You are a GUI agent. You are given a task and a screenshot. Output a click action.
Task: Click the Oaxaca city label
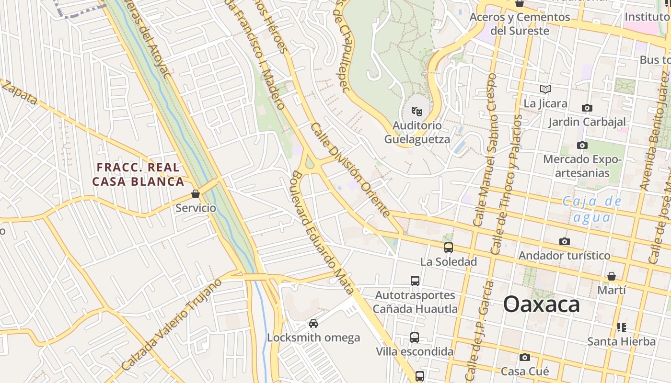541,304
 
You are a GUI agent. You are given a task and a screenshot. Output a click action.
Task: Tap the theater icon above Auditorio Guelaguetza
417,112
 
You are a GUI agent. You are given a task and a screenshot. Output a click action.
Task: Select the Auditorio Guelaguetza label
417,132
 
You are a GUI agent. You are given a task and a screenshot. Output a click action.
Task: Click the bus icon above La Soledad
449,248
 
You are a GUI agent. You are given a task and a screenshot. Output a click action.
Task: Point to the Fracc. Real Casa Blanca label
138,174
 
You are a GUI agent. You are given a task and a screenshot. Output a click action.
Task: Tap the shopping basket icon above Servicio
195,194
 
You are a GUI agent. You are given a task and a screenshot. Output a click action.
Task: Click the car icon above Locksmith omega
313,324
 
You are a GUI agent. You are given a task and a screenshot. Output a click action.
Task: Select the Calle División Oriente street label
350,169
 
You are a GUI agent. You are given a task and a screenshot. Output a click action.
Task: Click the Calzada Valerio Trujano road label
171,325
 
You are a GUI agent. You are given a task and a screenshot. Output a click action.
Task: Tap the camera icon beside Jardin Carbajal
587,108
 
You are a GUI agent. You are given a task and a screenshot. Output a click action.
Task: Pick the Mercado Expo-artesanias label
582,166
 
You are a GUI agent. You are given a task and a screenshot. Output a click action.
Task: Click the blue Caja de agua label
592,209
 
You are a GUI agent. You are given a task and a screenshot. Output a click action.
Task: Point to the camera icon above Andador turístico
565,241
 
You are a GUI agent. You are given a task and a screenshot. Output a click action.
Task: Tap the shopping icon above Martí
611,276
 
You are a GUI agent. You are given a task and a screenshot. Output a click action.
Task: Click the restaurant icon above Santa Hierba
622,327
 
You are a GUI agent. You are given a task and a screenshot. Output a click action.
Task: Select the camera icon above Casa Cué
525,357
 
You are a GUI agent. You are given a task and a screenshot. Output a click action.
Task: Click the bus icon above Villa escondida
415,338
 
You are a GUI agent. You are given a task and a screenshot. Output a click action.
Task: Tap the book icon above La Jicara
545,89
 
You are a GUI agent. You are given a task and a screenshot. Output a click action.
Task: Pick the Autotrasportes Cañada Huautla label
415,302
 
